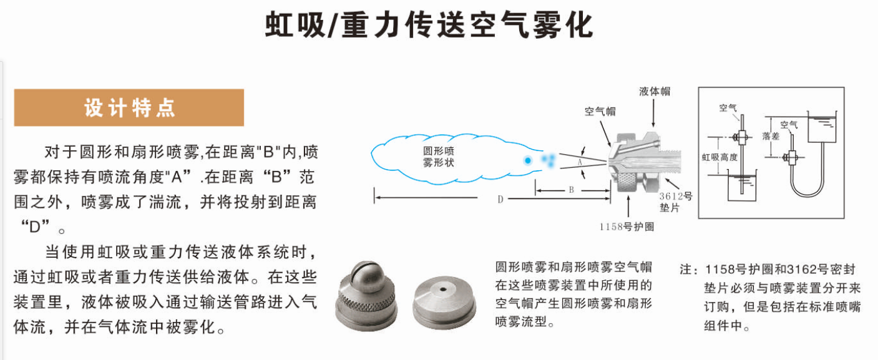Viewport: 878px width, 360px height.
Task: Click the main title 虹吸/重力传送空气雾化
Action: click(429, 25)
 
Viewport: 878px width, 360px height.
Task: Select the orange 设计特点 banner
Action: click(129, 107)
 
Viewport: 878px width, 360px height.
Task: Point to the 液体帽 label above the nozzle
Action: click(655, 91)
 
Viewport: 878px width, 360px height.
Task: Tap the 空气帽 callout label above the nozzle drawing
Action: click(600, 112)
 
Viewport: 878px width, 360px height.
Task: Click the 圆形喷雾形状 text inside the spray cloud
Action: click(438, 157)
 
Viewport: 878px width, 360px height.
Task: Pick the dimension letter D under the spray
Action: click(500, 200)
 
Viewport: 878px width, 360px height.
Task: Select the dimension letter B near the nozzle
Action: click(571, 190)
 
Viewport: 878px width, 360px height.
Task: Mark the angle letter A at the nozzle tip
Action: click(580, 162)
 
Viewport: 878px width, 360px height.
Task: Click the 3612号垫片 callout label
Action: click(675, 202)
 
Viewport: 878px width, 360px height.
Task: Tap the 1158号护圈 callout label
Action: click(627, 227)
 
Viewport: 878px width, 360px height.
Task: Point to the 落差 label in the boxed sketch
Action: click(770, 136)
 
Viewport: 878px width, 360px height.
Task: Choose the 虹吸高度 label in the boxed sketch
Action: click(719, 157)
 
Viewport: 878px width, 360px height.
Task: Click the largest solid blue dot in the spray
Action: click(528, 160)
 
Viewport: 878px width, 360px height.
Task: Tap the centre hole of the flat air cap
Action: click(443, 289)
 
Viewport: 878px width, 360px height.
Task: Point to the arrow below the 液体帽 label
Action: click(653, 113)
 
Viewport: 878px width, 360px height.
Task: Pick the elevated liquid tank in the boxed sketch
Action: click(822, 127)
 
